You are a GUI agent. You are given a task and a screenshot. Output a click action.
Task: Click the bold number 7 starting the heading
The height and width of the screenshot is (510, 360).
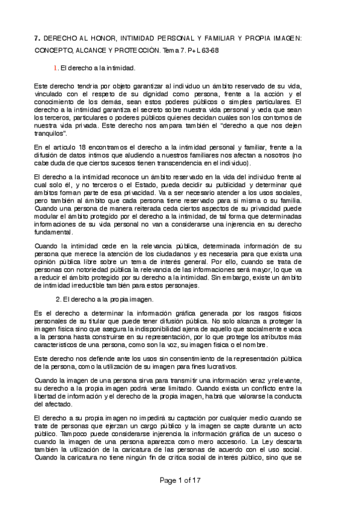tap(37, 38)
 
